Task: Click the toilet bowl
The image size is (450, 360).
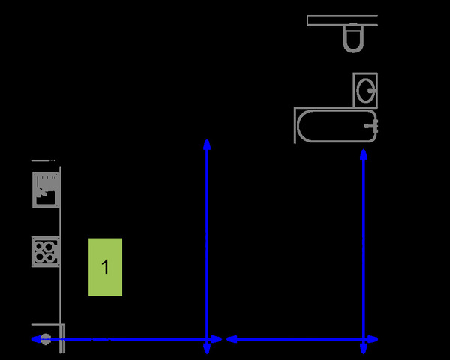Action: [x=352, y=40]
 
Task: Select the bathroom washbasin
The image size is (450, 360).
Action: [x=364, y=90]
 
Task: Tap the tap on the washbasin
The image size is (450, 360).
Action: [x=370, y=90]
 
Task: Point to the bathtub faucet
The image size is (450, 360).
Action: [x=369, y=126]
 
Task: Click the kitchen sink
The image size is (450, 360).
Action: [x=44, y=190]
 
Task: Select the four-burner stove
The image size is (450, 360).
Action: [x=44, y=251]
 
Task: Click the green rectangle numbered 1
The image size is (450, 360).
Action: [x=105, y=267]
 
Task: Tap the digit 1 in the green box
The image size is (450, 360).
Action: [x=106, y=266]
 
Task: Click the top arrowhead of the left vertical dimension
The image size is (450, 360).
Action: [x=207, y=143]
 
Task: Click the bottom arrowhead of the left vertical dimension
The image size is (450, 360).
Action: [x=207, y=349]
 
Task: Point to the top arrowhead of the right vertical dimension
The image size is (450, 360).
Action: [x=364, y=154]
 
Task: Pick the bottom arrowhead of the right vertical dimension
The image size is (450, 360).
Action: [x=364, y=349]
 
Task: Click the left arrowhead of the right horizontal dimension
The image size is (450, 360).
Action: [x=231, y=340]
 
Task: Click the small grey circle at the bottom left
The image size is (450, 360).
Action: [x=46, y=339]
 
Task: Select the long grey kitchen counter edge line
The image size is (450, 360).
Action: [x=60, y=247]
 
